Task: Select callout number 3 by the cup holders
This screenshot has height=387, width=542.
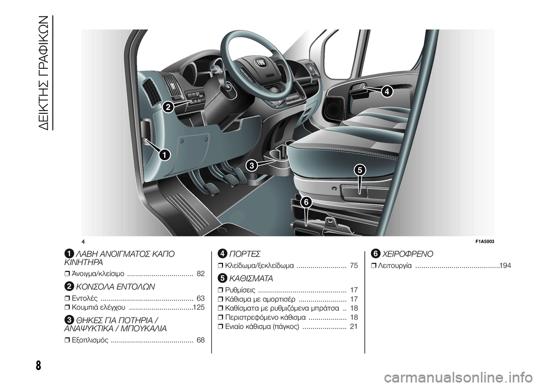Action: [252, 166]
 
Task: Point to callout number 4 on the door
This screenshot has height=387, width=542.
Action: [387, 91]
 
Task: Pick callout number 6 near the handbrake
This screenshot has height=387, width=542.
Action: [305, 202]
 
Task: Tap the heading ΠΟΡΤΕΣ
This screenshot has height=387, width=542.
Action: [244, 254]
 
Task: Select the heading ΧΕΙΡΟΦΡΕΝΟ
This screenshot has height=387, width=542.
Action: [408, 254]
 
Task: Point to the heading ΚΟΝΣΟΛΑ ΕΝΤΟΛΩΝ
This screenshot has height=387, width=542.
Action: [115, 287]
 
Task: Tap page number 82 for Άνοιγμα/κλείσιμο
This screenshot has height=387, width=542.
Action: [200, 274]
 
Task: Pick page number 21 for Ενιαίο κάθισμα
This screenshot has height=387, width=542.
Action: [354, 327]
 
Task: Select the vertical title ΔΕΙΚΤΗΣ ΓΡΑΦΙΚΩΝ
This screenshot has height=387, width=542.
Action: [46, 73]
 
